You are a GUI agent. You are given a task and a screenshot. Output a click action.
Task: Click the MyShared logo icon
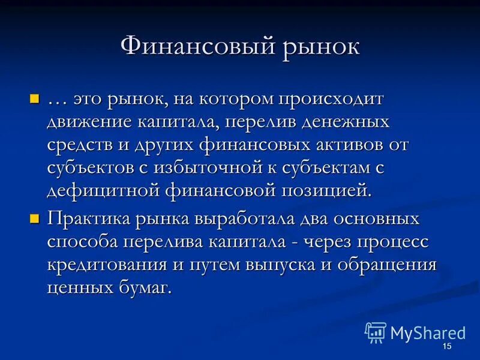click(x=375, y=332)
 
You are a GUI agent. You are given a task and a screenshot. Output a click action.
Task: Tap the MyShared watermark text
click(x=428, y=333)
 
